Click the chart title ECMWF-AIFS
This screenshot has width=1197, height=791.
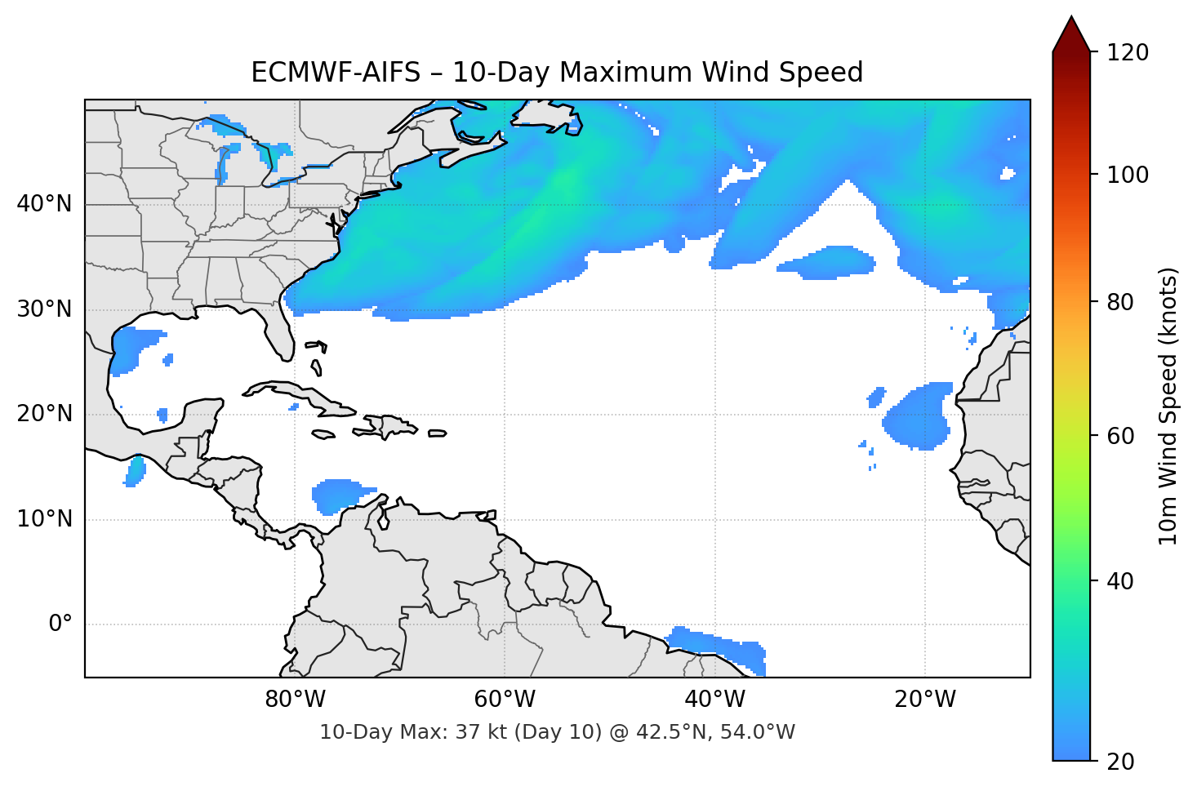[x=556, y=73]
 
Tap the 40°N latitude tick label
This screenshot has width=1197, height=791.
[x=44, y=204]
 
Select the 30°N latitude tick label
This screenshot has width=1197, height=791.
[x=44, y=309]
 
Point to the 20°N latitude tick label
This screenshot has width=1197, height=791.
[x=44, y=414]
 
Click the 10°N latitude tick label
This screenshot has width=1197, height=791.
[x=44, y=519]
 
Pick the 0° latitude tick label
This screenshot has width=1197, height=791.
[x=60, y=624]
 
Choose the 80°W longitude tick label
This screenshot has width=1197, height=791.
[x=295, y=700]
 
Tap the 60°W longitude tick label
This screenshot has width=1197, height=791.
[x=505, y=700]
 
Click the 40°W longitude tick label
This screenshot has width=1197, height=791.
[x=714, y=700]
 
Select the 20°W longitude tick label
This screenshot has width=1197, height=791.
[x=924, y=700]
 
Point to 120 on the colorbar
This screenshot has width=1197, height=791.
[x=1128, y=52]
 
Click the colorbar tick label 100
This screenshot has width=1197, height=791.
[x=1128, y=175]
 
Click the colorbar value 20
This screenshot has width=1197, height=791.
[x=1121, y=762]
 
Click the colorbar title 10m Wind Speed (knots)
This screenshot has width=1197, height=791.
[x=1168, y=406]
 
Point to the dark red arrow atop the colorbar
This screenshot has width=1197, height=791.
[x=1071, y=35]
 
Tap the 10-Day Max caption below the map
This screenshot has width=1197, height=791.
[x=556, y=732]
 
